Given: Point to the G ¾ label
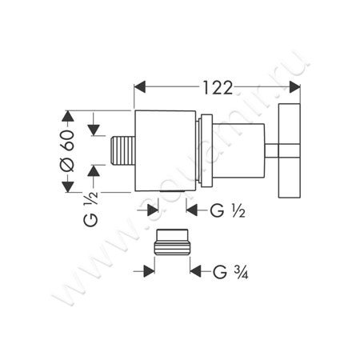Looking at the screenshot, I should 229,271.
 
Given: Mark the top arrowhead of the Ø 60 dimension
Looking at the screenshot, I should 68,114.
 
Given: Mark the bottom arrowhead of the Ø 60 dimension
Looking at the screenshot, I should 68,187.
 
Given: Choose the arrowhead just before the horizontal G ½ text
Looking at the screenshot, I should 191,211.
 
